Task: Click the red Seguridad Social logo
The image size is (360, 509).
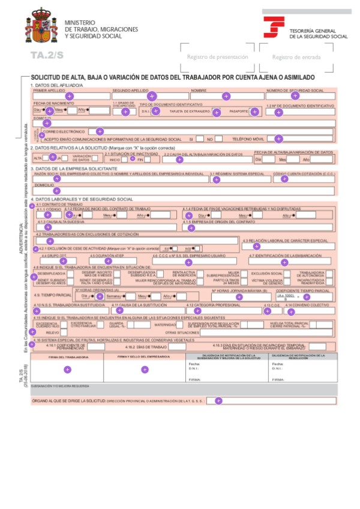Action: [274, 28]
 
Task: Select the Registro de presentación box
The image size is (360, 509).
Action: [217, 57]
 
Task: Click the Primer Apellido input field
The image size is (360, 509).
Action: [70, 96]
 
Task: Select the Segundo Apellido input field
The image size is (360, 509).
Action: [151, 96]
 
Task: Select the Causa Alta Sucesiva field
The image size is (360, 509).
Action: [105, 227]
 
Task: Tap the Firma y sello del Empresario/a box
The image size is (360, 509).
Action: [144, 369]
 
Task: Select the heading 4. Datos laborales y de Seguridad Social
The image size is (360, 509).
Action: [82, 199]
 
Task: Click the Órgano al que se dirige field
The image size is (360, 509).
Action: [270, 400]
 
